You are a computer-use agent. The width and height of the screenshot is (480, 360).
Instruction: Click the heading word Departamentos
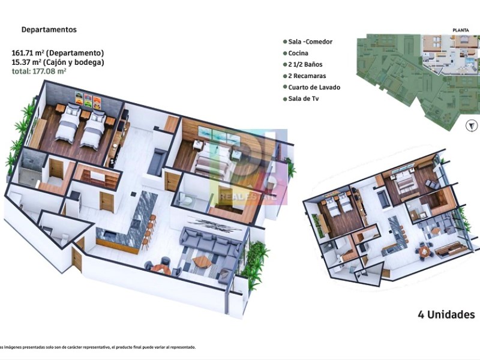49,29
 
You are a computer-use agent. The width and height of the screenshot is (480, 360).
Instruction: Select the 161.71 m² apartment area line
58,53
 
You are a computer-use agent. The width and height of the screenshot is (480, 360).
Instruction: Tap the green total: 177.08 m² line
39,71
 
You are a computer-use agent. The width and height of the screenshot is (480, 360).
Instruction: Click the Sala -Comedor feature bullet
308,41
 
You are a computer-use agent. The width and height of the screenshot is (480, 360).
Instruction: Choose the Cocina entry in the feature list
296,53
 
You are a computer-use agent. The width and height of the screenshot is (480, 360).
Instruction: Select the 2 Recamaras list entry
305,76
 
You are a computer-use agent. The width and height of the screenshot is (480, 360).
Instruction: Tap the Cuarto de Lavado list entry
311,87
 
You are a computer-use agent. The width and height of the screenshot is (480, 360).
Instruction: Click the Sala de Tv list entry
301,98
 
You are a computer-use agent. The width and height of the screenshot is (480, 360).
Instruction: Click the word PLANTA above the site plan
461,30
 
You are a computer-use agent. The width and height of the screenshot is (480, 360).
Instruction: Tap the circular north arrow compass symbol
472,125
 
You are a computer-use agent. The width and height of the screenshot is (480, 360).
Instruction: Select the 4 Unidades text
446,314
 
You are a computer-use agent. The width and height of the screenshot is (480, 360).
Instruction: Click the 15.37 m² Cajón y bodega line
58,62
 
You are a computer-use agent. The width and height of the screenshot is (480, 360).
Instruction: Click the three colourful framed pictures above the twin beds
88,100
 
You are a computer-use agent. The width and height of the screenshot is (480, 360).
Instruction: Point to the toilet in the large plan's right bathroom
185,199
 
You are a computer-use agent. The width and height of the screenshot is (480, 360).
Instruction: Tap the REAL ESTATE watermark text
247,197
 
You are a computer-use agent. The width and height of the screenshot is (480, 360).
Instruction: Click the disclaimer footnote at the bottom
97,347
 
